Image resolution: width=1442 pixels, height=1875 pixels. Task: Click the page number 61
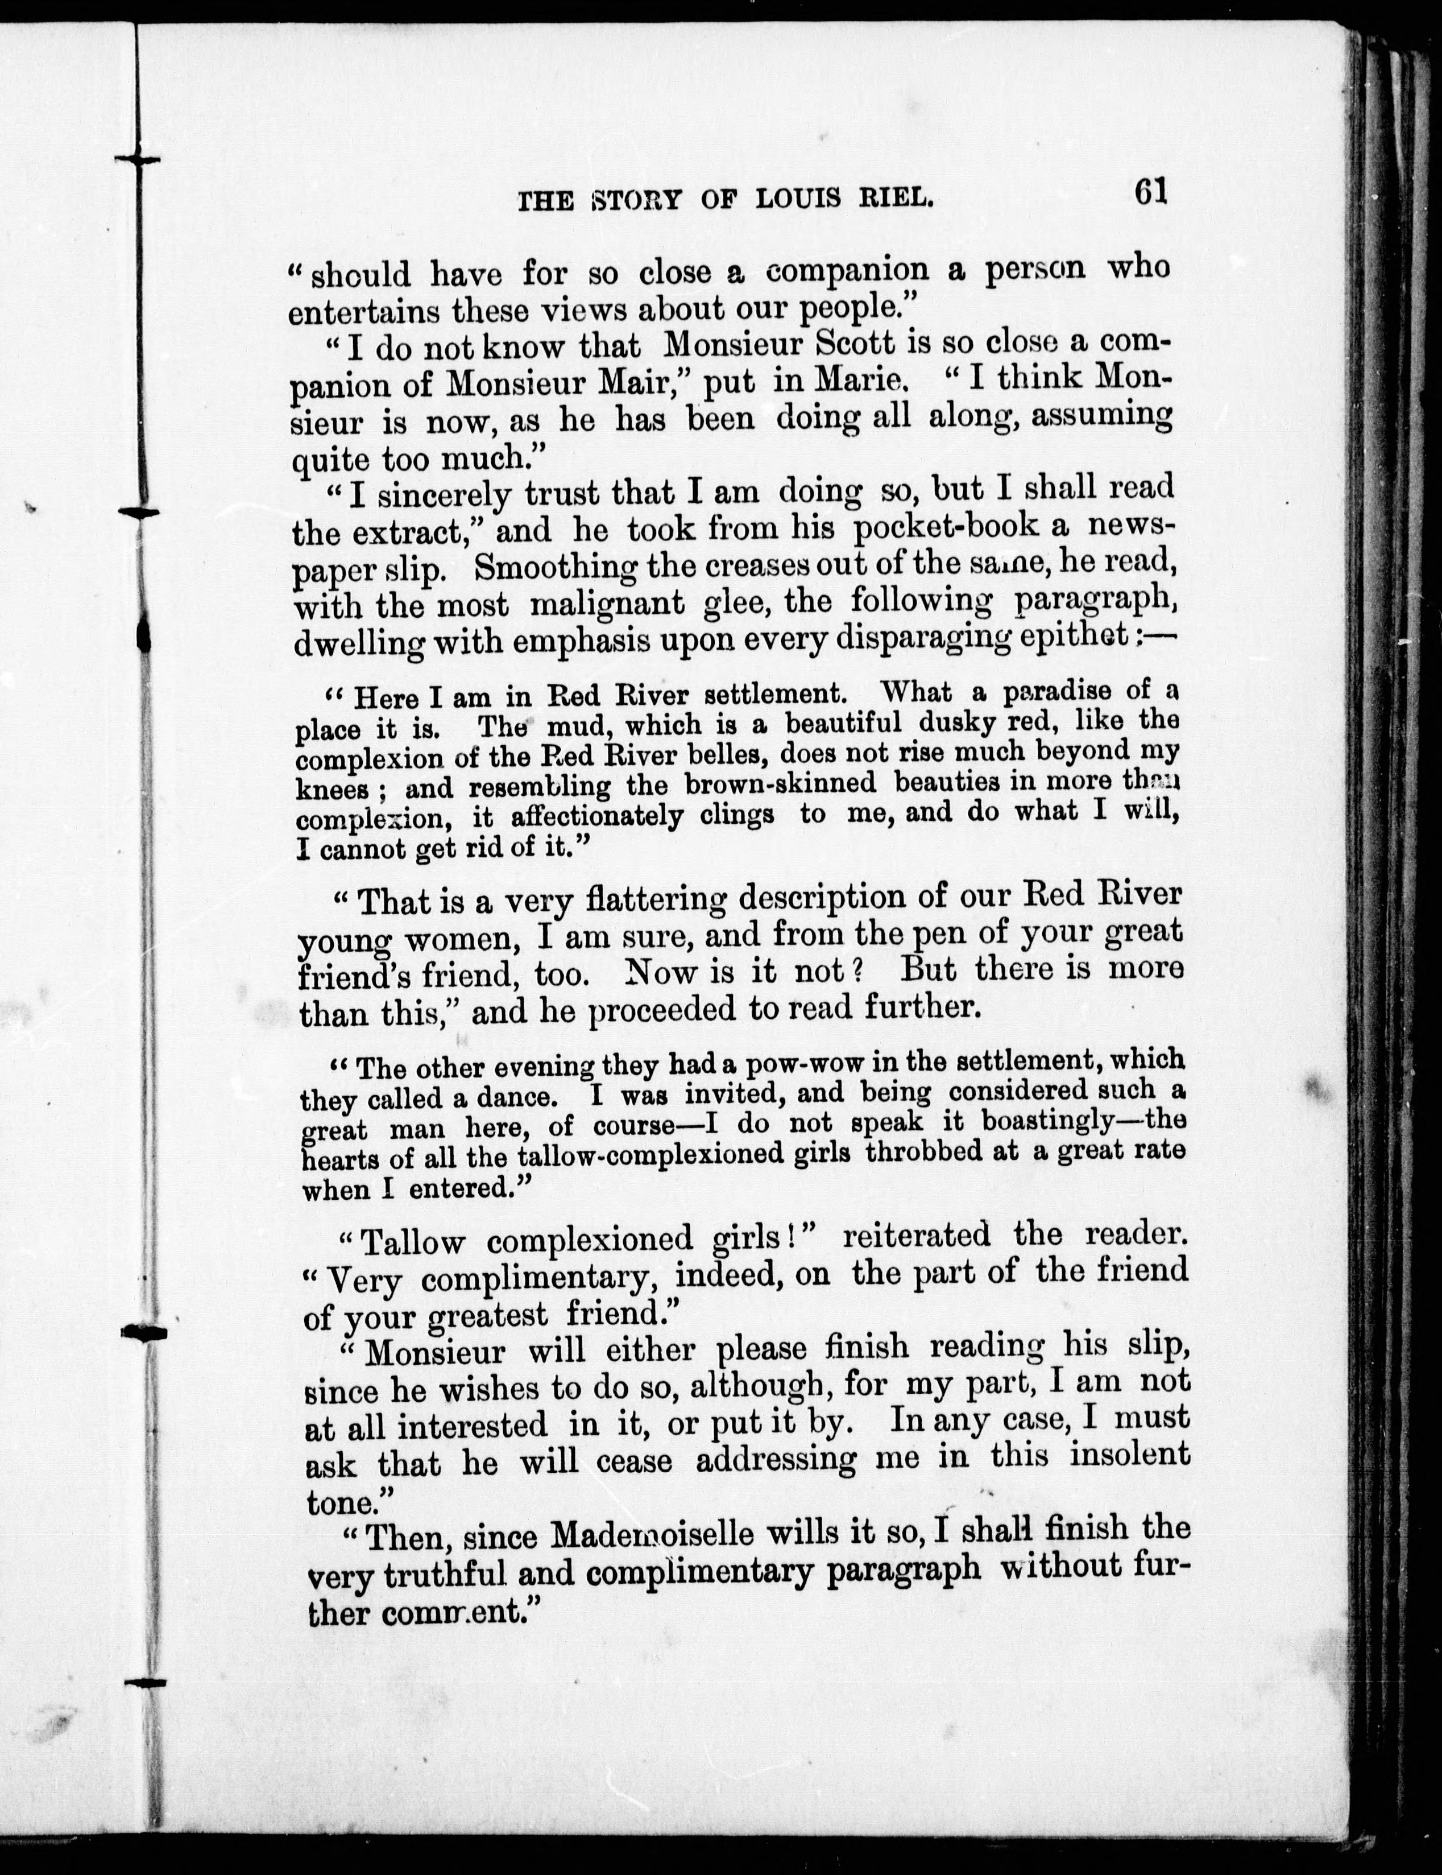tap(1149, 192)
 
